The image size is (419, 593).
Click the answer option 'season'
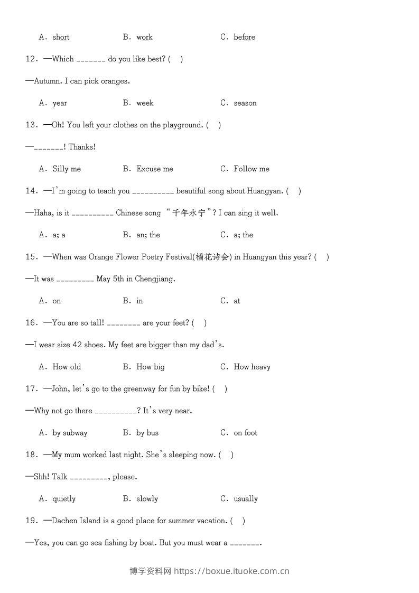245,103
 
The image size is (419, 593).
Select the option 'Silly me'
67,169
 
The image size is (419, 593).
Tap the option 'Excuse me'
155,169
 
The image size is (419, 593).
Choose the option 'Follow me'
252,169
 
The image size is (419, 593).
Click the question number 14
31,191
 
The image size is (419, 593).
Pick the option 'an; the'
148,235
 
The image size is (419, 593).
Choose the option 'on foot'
246,433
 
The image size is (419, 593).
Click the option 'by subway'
70,433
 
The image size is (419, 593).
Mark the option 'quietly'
64,499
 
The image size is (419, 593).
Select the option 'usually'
246,499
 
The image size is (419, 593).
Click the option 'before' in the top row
245,37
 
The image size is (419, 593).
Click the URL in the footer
231,571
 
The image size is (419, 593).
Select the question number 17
31,389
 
